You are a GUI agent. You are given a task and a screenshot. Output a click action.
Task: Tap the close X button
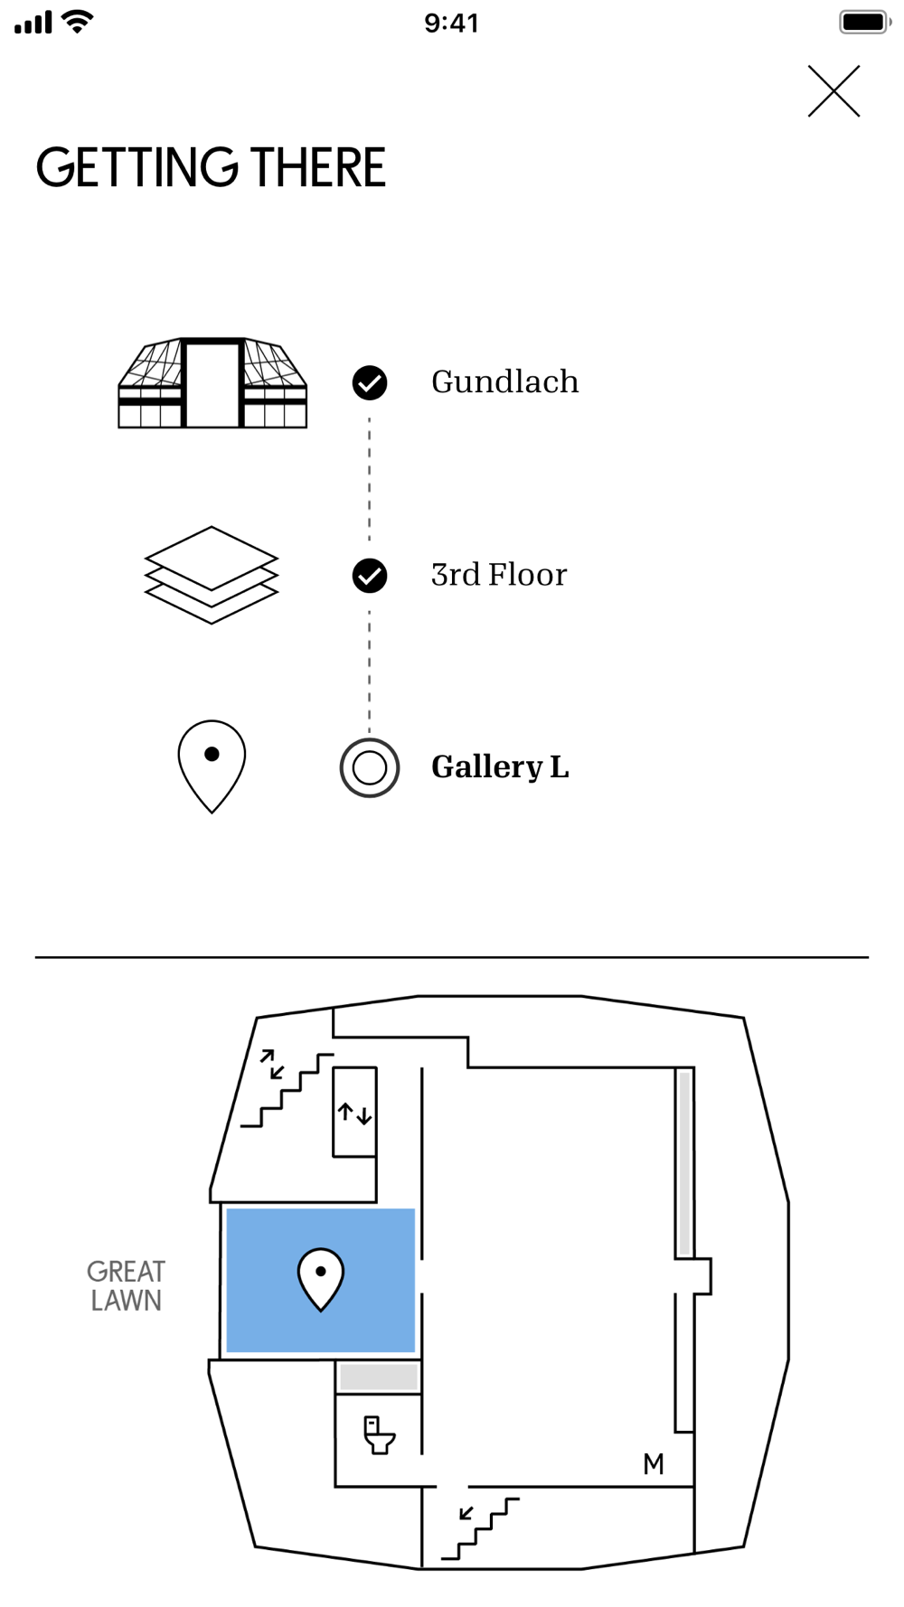click(x=833, y=91)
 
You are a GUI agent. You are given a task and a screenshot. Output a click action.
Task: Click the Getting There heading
click(x=211, y=168)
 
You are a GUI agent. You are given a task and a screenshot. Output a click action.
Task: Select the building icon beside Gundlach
click(x=212, y=382)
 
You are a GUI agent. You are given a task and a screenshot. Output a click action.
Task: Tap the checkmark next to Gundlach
click(x=370, y=382)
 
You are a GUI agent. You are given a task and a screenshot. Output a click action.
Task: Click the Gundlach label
click(x=504, y=382)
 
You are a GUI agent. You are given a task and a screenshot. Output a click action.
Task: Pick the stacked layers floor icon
click(x=212, y=575)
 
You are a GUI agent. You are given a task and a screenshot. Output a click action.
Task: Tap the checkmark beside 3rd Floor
click(x=370, y=576)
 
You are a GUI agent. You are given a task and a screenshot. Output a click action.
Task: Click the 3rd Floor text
click(x=499, y=575)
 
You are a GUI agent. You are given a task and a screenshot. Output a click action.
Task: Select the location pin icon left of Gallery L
click(x=212, y=766)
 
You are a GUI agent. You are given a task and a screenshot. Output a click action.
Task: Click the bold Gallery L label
click(x=500, y=767)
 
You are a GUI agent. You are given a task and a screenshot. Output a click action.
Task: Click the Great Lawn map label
click(x=126, y=1286)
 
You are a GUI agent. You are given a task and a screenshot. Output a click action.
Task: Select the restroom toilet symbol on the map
click(x=379, y=1434)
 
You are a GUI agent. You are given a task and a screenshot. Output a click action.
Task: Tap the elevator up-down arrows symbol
click(x=354, y=1113)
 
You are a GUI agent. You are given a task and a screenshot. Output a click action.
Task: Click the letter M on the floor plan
click(x=654, y=1464)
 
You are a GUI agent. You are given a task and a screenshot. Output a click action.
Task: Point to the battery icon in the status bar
click(x=865, y=22)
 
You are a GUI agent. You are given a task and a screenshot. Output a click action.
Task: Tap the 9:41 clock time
click(x=452, y=23)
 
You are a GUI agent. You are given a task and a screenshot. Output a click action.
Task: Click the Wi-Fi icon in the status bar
click(x=80, y=22)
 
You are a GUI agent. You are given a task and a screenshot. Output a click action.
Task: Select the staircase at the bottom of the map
click(x=480, y=1529)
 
